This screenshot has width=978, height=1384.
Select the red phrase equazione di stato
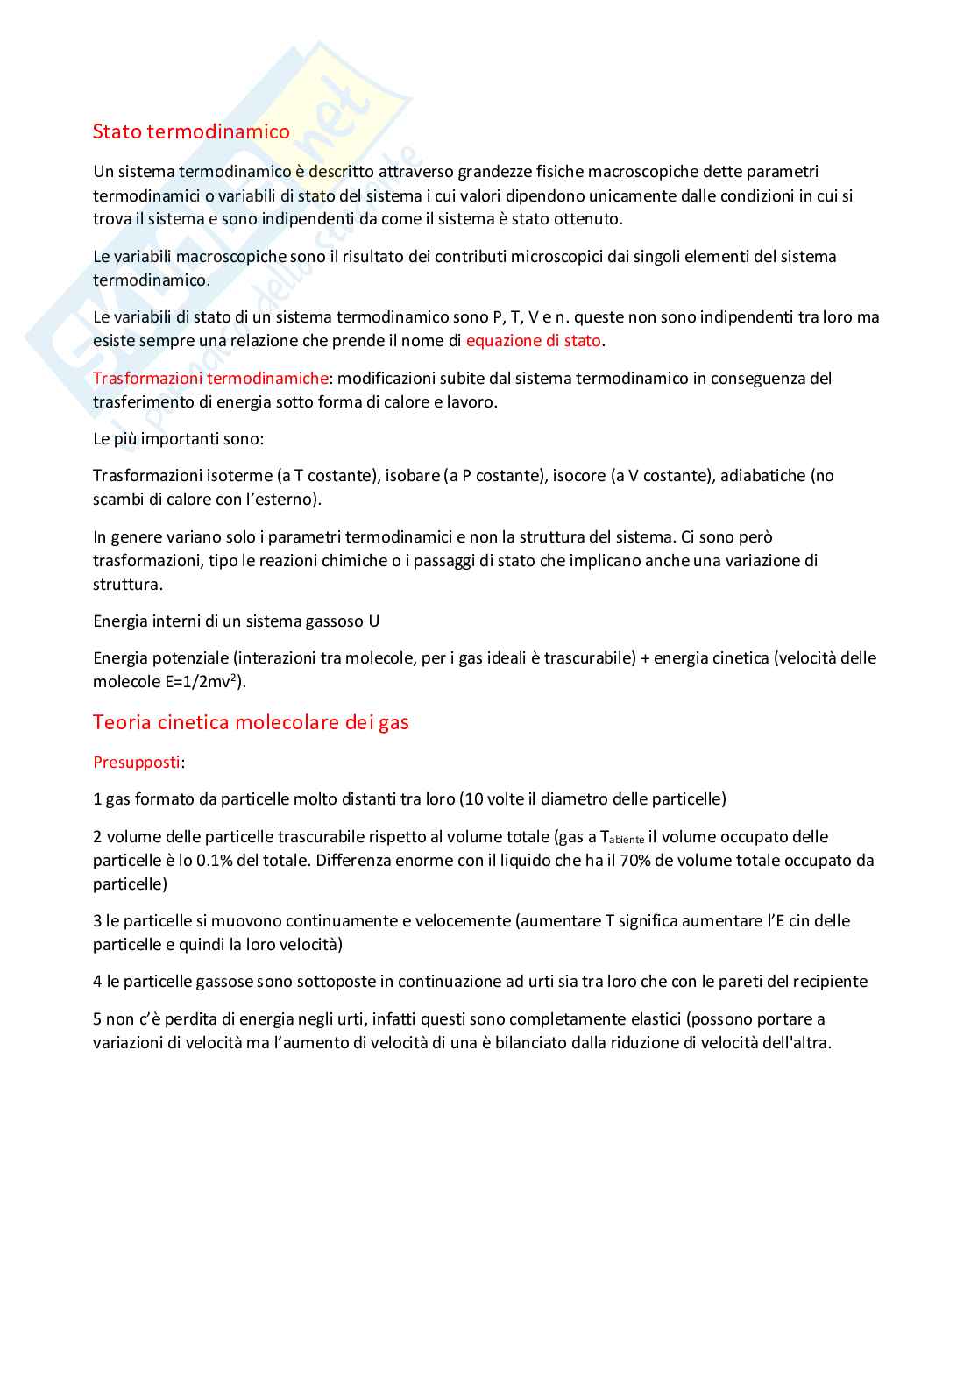click(533, 340)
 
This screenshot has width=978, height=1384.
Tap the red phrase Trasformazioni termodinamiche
click(210, 378)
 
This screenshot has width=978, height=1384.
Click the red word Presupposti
click(136, 762)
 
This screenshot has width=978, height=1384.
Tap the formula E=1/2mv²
click(203, 682)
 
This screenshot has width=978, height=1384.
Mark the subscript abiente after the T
click(627, 840)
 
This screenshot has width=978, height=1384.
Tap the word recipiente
click(826, 981)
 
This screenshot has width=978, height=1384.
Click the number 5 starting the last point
click(97, 1018)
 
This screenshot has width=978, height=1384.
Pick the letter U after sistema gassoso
click(373, 621)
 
